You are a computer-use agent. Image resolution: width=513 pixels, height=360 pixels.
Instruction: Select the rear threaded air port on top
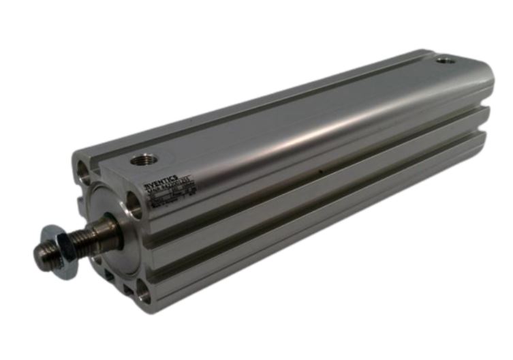click(446, 61)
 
